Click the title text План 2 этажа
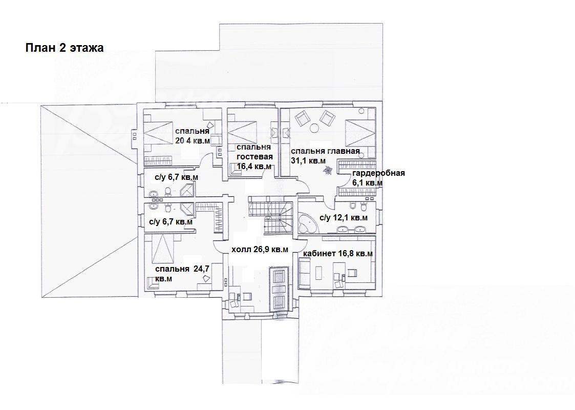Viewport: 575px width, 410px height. click(x=65, y=48)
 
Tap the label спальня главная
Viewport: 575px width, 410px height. click(x=325, y=151)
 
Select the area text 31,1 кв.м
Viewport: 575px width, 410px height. click(x=308, y=160)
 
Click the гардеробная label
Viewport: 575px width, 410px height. click(x=378, y=173)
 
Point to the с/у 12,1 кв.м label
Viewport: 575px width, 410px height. click(x=344, y=218)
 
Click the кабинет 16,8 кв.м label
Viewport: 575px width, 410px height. click(x=338, y=254)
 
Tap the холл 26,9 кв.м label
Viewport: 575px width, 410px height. click(x=260, y=250)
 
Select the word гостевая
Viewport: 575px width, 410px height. click(x=254, y=157)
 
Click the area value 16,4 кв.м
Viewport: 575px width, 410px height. click(x=254, y=166)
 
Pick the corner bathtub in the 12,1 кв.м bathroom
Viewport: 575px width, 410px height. click(x=307, y=223)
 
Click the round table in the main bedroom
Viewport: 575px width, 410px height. click(x=314, y=128)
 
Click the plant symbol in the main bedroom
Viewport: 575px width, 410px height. click(x=327, y=170)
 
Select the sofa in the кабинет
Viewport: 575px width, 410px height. click(x=304, y=273)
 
